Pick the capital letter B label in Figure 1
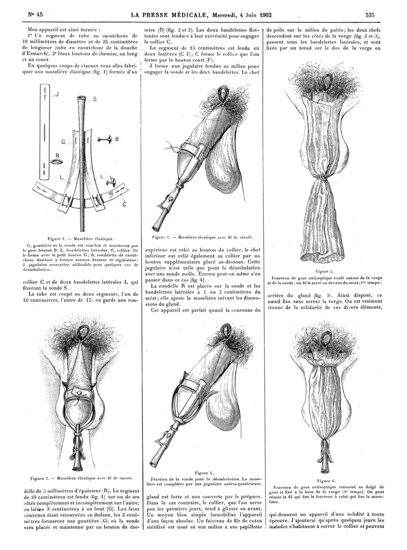[117, 138]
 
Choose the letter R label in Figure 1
[57, 156]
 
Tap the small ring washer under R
[55, 163]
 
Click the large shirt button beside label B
[104, 138]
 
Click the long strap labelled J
[46, 132]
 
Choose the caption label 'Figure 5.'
[324, 271]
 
